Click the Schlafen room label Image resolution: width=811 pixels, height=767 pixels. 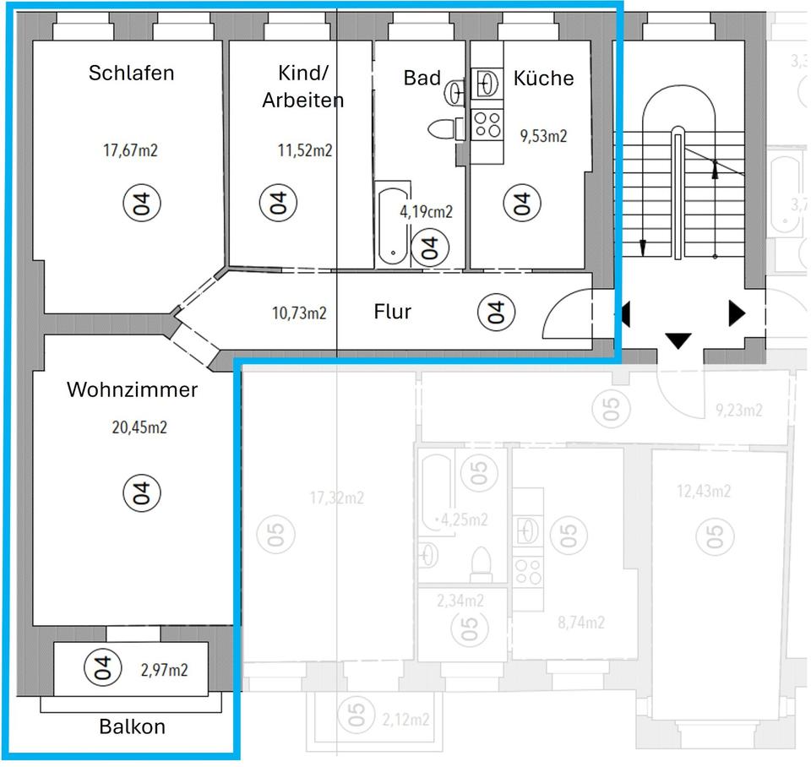pyautogui.click(x=131, y=73)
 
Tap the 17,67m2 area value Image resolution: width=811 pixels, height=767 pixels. pyautogui.click(x=130, y=151)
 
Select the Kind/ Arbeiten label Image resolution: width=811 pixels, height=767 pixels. pyautogui.click(x=302, y=86)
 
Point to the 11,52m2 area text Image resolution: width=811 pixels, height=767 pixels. pyautogui.click(x=304, y=151)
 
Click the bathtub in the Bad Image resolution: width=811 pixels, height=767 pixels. pyautogui.click(x=394, y=224)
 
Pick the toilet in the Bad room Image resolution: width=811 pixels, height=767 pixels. pyautogui.click(x=444, y=129)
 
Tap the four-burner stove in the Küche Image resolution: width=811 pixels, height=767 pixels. pyautogui.click(x=486, y=125)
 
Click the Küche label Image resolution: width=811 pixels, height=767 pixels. pyautogui.click(x=543, y=79)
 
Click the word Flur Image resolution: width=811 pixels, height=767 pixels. pyautogui.click(x=392, y=312)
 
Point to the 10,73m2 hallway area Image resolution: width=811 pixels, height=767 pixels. pyautogui.click(x=299, y=313)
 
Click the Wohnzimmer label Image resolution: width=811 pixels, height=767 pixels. pyautogui.click(x=132, y=390)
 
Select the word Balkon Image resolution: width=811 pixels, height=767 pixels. pyautogui.click(x=132, y=726)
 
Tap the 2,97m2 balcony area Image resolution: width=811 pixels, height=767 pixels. pyautogui.click(x=164, y=671)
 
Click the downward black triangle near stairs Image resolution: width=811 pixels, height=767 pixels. pyautogui.click(x=678, y=340)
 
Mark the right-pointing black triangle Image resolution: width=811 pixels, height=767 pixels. pyautogui.click(x=737, y=313)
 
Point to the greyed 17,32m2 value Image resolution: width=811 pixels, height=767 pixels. pyautogui.click(x=336, y=498)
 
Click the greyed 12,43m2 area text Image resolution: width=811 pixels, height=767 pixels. pyautogui.click(x=704, y=492)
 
